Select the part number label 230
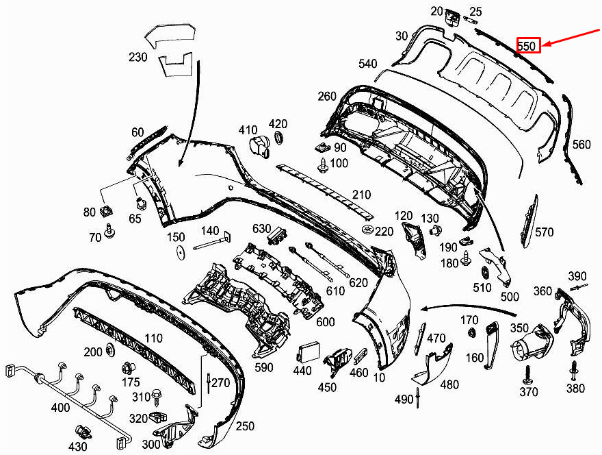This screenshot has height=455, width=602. pyautogui.click(x=138, y=58)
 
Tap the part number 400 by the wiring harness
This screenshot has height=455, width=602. pyautogui.click(x=61, y=408)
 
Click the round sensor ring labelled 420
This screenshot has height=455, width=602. pyautogui.click(x=279, y=140)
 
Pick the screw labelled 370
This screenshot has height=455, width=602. pyautogui.click(x=527, y=374)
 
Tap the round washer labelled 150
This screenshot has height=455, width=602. pyautogui.click(x=180, y=252)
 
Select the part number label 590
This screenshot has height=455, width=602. pyautogui.click(x=263, y=368)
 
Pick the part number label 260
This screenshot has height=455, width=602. pyautogui.click(x=327, y=97)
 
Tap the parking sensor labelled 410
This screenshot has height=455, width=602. pyautogui.click(x=259, y=146)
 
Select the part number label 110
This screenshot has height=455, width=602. pyautogui.click(x=153, y=338)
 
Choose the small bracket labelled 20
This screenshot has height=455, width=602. pyautogui.click(x=451, y=16)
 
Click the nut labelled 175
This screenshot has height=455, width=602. pyautogui.click(x=127, y=366)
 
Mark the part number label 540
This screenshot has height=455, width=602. pyautogui.click(x=367, y=64)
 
